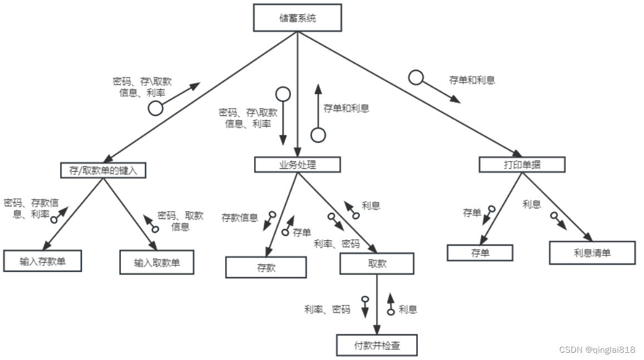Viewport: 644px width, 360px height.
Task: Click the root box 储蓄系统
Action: point(297,18)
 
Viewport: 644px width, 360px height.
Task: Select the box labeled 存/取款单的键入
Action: point(103,170)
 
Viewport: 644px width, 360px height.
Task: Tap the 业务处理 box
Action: point(297,164)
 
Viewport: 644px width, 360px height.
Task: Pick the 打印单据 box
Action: point(521,164)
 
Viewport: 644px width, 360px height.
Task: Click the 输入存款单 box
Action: point(42,261)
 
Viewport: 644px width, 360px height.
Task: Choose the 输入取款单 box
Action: point(157,262)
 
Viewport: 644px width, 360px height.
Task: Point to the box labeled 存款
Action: point(266,267)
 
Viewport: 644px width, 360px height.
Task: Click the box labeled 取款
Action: point(377,264)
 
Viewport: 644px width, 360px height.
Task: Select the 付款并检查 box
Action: point(377,345)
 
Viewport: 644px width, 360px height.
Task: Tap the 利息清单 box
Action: point(592,252)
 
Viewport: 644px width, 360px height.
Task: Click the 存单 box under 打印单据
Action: point(480,253)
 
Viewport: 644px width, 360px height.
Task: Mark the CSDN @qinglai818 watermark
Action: point(597,350)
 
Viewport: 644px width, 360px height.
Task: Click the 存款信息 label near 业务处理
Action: point(240,217)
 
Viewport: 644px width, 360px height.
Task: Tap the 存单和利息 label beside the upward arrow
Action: point(346,108)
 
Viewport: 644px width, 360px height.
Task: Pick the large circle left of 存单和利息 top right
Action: point(416,77)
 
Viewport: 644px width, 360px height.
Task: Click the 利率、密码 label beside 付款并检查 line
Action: point(327,309)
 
